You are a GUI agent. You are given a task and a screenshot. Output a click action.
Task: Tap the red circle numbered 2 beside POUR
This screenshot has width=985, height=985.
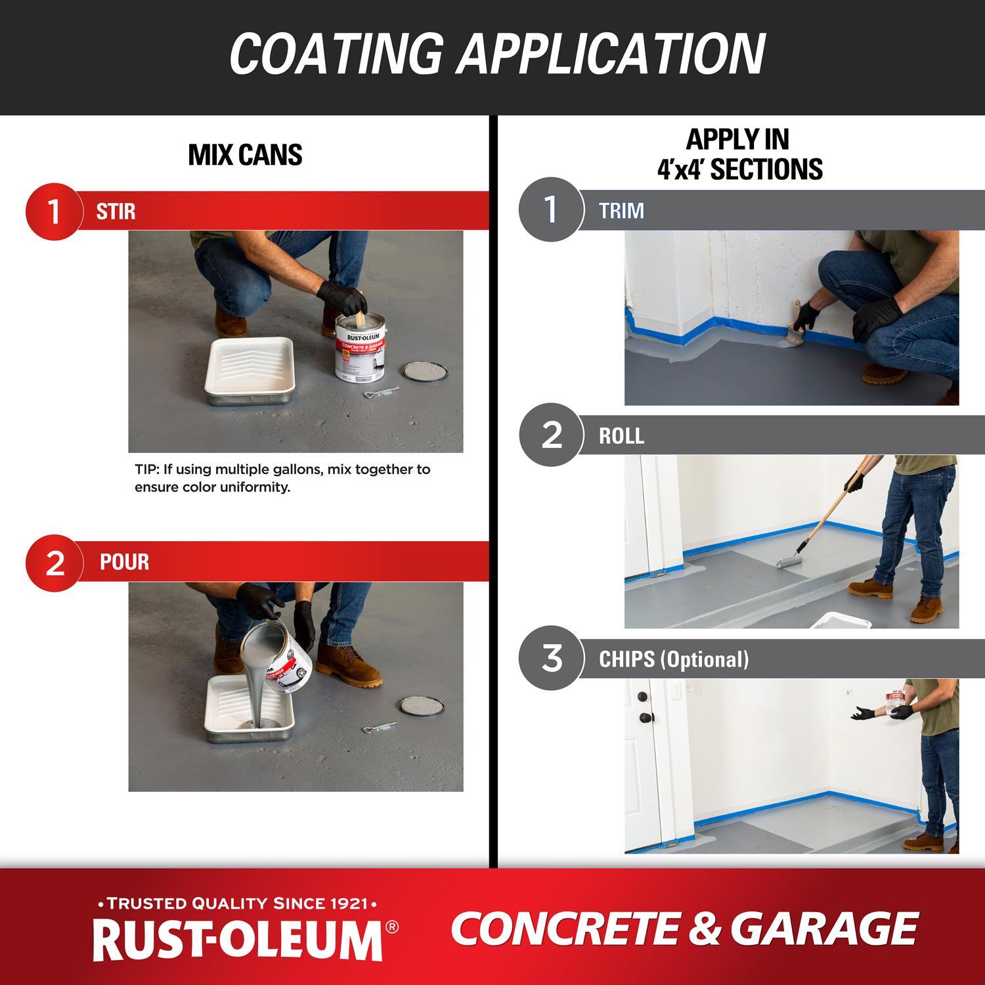tap(55, 563)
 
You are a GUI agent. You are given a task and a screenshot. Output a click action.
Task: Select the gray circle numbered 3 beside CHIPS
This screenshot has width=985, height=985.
tap(551, 658)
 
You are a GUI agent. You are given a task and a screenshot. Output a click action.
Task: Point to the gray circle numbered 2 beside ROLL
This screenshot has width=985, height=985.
tap(551, 435)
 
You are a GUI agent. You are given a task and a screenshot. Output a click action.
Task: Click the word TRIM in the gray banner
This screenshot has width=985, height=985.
tap(621, 211)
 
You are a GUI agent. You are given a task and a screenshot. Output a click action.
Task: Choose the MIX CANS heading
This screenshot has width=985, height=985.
tap(245, 155)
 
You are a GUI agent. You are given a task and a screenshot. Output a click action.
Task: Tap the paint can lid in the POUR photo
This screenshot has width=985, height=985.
tap(422, 707)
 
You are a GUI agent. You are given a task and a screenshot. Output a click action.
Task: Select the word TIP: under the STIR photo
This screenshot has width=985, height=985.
tap(148, 470)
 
